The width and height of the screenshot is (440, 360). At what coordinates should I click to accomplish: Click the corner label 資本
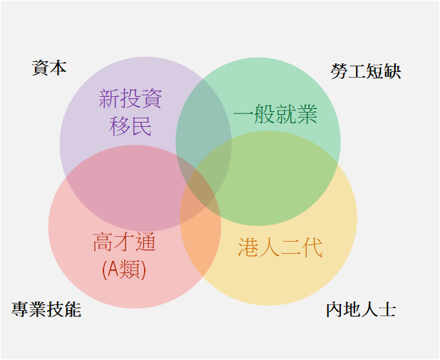click(49, 68)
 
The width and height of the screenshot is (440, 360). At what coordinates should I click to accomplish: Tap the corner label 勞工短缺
click(366, 71)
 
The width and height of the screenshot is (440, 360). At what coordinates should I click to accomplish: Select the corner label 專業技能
click(46, 309)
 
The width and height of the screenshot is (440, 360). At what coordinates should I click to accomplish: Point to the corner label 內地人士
click(361, 309)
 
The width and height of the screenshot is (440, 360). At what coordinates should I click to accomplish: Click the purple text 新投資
click(131, 99)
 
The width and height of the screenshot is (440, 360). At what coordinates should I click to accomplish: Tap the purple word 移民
click(131, 126)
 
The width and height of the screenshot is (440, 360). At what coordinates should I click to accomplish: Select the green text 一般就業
click(275, 114)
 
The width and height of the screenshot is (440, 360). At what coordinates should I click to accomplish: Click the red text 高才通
click(124, 242)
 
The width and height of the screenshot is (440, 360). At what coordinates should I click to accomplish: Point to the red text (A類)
click(124, 269)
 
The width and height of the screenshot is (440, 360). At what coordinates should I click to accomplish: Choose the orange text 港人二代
click(280, 247)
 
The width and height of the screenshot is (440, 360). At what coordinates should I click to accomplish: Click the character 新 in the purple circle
click(109, 99)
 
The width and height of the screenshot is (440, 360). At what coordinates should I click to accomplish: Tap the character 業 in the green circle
click(307, 114)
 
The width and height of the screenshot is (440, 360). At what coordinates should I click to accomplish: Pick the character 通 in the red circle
click(145, 242)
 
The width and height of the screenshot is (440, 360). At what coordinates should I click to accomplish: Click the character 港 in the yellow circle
click(248, 247)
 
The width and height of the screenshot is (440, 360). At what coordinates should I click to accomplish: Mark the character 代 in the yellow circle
click(312, 247)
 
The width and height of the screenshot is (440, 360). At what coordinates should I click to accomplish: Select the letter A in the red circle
click(113, 269)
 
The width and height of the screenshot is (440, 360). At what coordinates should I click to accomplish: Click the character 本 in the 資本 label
click(58, 68)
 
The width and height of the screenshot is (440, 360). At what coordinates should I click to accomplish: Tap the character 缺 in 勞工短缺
click(392, 71)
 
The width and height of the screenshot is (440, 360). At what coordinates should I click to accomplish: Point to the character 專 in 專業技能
click(20, 309)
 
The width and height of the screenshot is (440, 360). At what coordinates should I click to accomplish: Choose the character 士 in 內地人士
click(387, 309)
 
